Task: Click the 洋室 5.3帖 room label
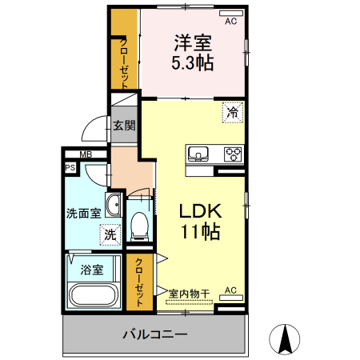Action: click(x=193, y=52)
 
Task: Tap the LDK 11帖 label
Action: click(x=199, y=222)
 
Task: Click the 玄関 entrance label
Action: click(x=124, y=126)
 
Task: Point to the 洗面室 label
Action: click(x=83, y=214)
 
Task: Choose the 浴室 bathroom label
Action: click(x=91, y=270)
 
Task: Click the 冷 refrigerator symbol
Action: click(x=232, y=113)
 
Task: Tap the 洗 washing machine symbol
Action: click(x=109, y=235)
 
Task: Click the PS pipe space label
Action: click(x=70, y=169)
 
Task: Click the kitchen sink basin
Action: click(x=198, y=154)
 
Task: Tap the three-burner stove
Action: click(x=232, y=154)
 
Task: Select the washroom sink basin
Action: click(x=113, y=206)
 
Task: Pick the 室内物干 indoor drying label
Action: click(x=189, y=294)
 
